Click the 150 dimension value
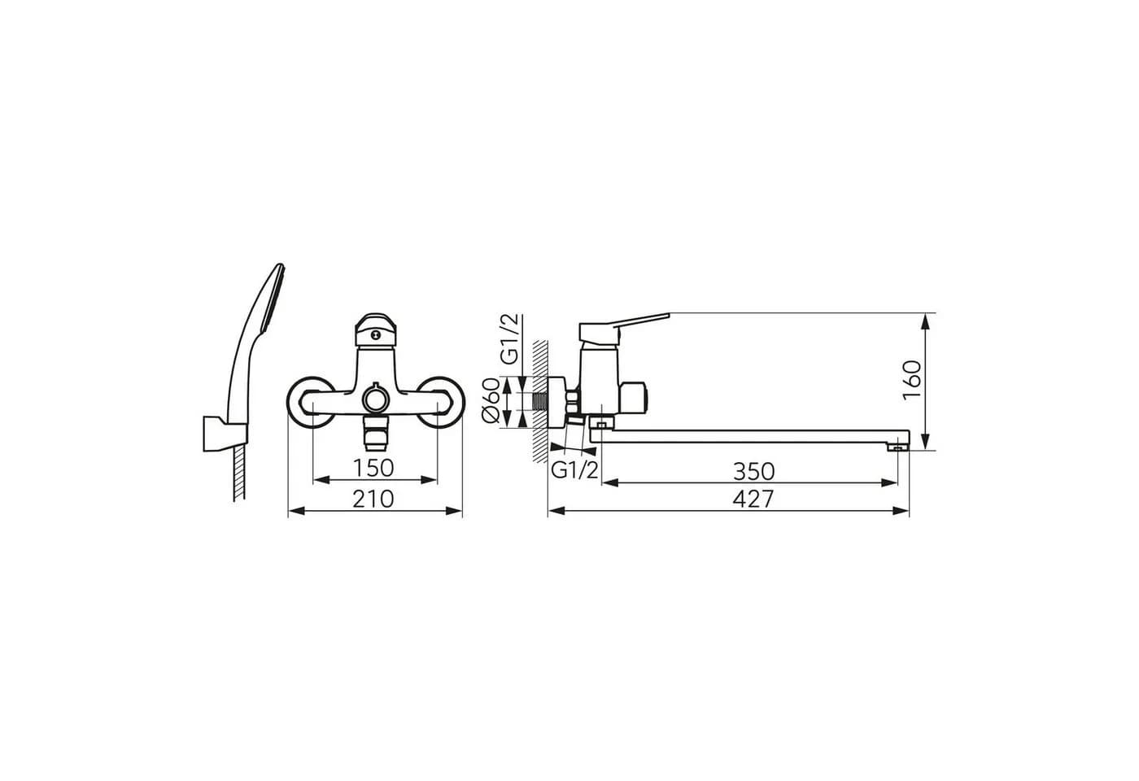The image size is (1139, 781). click(x=373, y=469)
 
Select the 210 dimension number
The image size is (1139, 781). click(x=373, y=500)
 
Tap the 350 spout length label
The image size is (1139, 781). click(x=753, y=472)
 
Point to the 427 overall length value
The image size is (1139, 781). click(x=753, y=500)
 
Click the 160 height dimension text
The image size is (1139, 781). click(x=912, y=381)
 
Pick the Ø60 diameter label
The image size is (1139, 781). click(x=491, y=400)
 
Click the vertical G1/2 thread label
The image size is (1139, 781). click(x=510, y=339)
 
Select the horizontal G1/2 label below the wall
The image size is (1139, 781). click(x=574, y=470)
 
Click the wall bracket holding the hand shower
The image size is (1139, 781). click(x=225, y=434)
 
